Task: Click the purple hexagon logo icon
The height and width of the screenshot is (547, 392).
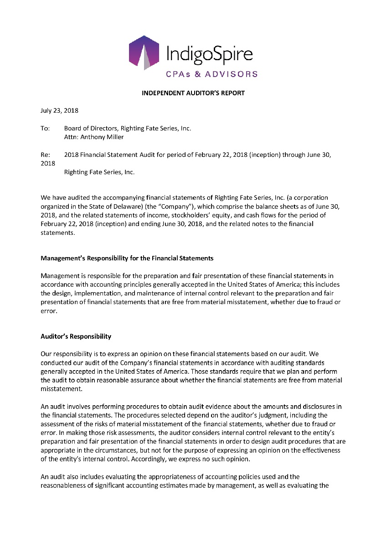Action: point(144,52)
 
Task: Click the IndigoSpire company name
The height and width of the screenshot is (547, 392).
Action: point(209,55)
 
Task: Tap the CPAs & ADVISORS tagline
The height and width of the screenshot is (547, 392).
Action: point(211,74)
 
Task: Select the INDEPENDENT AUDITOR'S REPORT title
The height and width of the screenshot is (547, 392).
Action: point(193,93)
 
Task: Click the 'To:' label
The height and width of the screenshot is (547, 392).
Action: point(45,129)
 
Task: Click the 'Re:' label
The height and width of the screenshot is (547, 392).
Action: point(45,155)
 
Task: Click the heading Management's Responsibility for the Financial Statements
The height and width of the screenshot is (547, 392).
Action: point(127,258)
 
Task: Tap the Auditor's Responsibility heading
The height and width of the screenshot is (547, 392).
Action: point(76,336)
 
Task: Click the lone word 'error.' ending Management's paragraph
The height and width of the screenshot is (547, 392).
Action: point(49,311)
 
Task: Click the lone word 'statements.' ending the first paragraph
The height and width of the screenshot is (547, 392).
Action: point(57,232)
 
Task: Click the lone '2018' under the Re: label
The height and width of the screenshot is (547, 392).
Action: point(48,163)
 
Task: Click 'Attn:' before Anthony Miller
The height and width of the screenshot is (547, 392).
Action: point(71,137)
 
